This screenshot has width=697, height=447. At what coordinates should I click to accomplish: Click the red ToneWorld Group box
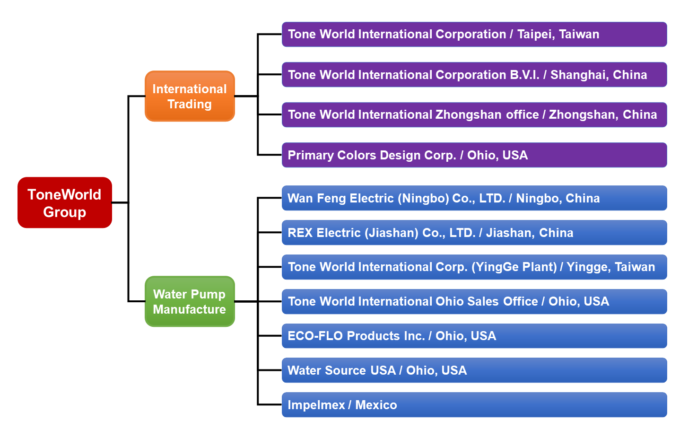[65, 202]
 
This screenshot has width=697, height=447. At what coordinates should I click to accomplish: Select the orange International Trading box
[190, 96]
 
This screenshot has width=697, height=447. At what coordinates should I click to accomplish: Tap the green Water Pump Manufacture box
[190, 301]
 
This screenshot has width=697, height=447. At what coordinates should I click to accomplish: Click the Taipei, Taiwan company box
[474, 35]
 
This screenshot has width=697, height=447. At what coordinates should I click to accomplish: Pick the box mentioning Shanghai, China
[474, 75]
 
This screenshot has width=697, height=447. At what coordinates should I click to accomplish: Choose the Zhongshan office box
[474, 115]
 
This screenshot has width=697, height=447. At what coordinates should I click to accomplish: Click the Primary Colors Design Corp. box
[474, 155]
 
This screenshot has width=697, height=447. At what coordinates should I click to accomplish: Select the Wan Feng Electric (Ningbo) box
[474, 198]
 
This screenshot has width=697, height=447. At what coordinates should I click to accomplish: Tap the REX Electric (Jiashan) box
[474, 233]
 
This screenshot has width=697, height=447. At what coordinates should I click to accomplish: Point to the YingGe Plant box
[474, 267]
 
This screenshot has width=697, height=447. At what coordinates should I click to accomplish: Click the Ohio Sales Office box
[474, 302]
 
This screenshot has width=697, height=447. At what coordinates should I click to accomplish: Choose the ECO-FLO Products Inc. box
[474, 336]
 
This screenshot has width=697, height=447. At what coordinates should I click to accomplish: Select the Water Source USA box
[474, 370]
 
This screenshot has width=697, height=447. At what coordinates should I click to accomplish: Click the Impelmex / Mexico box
[474, 405]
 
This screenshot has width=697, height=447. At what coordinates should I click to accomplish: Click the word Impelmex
[316, 405]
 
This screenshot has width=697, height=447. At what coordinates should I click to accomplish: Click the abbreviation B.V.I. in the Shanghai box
[524, 75]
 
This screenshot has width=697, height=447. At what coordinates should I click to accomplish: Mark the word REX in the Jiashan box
[300, 233]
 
